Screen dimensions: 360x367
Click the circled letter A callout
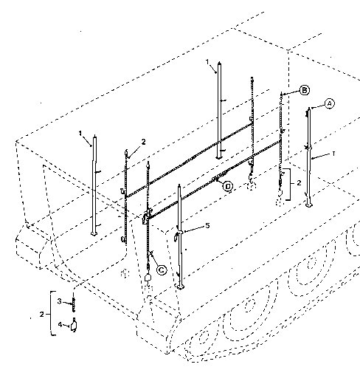(330, 103)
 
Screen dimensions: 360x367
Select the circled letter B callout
(305, 90)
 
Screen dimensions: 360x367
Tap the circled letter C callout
(162, 270)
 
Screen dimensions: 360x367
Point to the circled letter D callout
(228, 186)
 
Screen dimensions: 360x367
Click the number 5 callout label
(207, 225)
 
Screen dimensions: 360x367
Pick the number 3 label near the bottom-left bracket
(59, 301)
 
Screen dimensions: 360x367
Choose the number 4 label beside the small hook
(60, 324)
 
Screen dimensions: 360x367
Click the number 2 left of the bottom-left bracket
(42, 315)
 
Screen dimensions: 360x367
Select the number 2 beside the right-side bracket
(299, 183)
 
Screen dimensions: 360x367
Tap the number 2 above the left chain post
(143, 142)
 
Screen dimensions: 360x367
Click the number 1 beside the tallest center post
(207, 61)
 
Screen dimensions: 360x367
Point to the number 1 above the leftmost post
(80, 133)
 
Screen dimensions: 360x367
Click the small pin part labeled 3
(73, 304)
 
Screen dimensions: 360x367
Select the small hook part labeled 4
(74, 325)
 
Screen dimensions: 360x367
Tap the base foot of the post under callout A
(308, 205)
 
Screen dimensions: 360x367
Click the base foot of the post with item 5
(180, 287)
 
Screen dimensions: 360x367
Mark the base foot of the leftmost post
(94, 233)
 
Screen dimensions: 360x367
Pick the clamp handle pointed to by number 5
(176, 236)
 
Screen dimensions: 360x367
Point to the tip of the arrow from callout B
(283, 95)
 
